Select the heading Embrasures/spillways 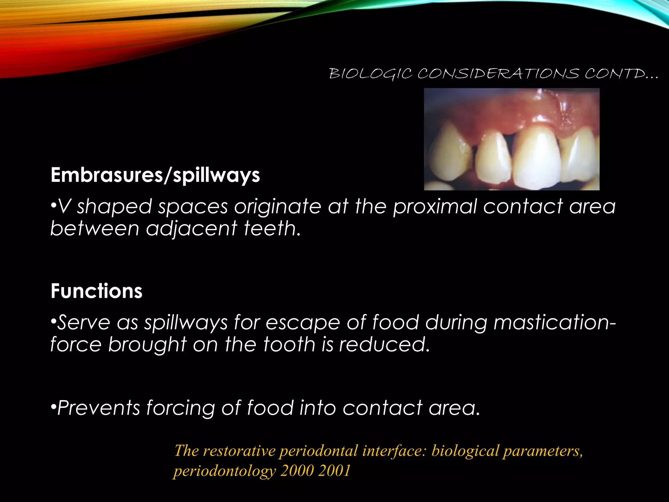pos(155,175)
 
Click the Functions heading pos(96,291)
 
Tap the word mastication pos(552,322)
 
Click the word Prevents pos(98,408)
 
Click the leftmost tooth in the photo pos(450,152)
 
